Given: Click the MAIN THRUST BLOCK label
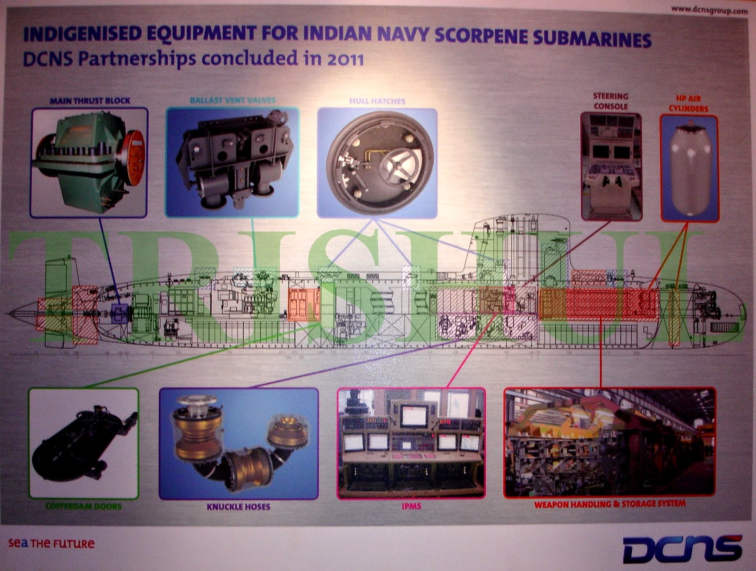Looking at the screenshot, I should [x=90, y=101].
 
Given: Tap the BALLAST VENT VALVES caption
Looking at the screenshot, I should [x=232, y=101].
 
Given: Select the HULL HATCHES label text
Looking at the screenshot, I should [x=377, y=101].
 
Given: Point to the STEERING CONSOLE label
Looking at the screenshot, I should [x=610, y=101].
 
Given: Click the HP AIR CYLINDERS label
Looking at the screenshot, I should [x=689, y=103].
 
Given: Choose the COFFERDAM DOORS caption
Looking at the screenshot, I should [x=84, y=506].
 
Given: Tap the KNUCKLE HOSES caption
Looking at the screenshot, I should [x=239, y=507].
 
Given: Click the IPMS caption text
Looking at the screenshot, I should [x=411, y=506].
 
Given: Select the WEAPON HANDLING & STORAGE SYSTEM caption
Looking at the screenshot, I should [x=610, y=504].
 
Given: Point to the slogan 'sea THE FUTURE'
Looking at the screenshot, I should [x=52, y=543].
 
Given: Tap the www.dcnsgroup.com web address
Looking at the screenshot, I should [x=709, y=9].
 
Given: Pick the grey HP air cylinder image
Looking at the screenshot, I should [x=689, y=168].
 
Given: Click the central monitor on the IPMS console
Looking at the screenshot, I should [x=414, y=416].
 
